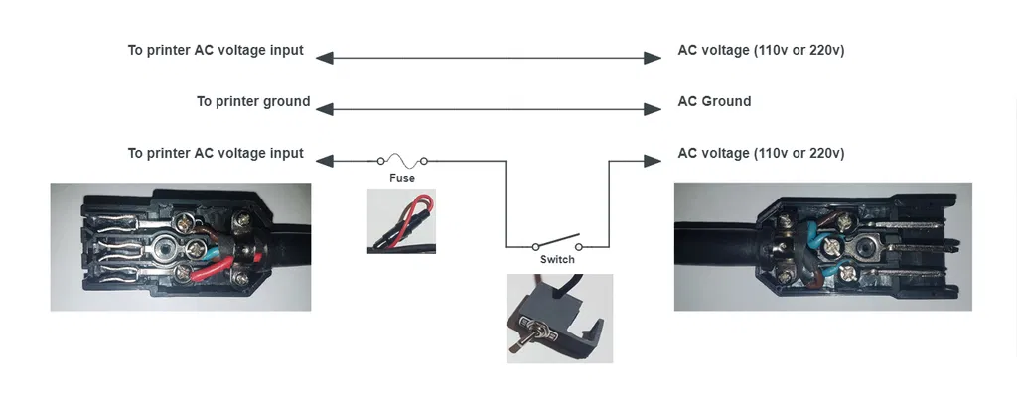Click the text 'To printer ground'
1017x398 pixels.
(x=252, y=101)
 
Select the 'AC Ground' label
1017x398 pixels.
(x=713, y=101)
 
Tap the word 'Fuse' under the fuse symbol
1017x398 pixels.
(x=401, y=178)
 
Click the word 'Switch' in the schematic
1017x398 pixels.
(x=557, y=259)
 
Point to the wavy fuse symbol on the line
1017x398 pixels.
(x=402, y=159)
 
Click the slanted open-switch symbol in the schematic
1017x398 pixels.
(x=557, y=241)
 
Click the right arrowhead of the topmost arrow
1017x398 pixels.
(x=653, y=58)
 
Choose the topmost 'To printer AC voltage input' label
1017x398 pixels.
(x=216, y=50)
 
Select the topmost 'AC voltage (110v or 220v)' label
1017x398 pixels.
(x=761, y=50)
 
